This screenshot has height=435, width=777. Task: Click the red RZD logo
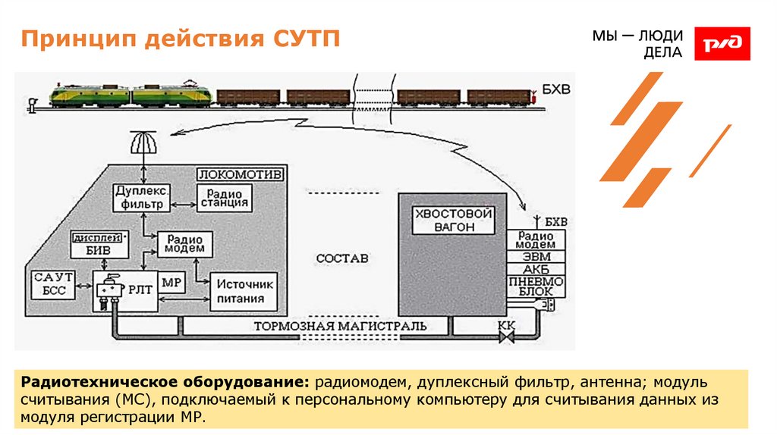pyautogui.click(x=722, y=43)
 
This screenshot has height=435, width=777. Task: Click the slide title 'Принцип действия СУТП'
pyautogui.click(x=180, y=39)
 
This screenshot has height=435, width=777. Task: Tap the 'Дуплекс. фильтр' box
pyautogui.click(x=141, y=197)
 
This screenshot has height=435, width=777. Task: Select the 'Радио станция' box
pyautogui.click(x=224, y=197)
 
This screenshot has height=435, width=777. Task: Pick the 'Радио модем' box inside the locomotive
pyautogui.click(x=185, y=243)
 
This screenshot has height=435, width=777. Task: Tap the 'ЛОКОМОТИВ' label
pyautogui.click(x=241, y=174)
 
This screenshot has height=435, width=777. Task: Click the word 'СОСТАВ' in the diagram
pyautogui.click(x=342, y=258)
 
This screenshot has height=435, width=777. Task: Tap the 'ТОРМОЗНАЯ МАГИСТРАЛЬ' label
pyautogui.click(x=339, y=327)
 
